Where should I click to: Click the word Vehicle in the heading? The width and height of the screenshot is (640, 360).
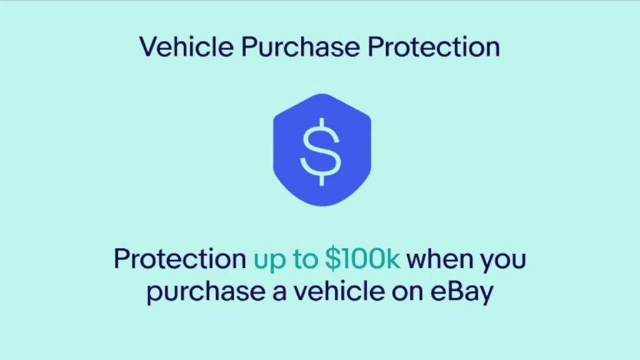click(186, 46)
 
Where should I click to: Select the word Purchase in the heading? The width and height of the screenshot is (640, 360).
click(301, 46)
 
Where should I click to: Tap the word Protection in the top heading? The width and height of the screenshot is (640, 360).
click(434, 46)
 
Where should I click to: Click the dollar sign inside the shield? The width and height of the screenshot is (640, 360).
click(321, 151)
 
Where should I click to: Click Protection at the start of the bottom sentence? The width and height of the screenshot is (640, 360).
click(180, 259)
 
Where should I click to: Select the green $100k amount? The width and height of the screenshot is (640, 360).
click(363, 258)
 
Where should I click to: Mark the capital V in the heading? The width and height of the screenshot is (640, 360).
click(151, 47)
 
